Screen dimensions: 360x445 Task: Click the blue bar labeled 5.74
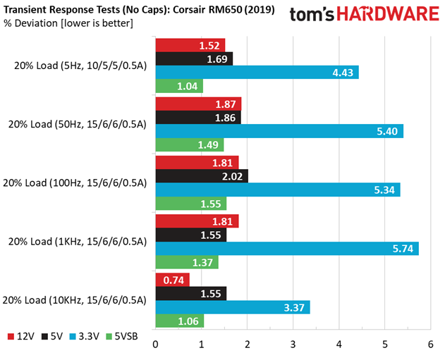(x=286, y=248)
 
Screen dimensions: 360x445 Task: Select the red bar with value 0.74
(x=172, y=279)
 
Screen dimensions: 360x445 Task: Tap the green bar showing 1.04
(x=179, y=86)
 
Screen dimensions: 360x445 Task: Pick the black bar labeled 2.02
(x=201, y=175)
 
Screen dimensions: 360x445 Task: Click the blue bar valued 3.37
(x=232, y=307)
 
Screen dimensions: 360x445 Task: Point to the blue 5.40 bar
(x=279, y=131)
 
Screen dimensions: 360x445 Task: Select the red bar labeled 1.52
(x=190, y=45)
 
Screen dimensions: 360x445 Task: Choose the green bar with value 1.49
(x=189, y=145)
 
